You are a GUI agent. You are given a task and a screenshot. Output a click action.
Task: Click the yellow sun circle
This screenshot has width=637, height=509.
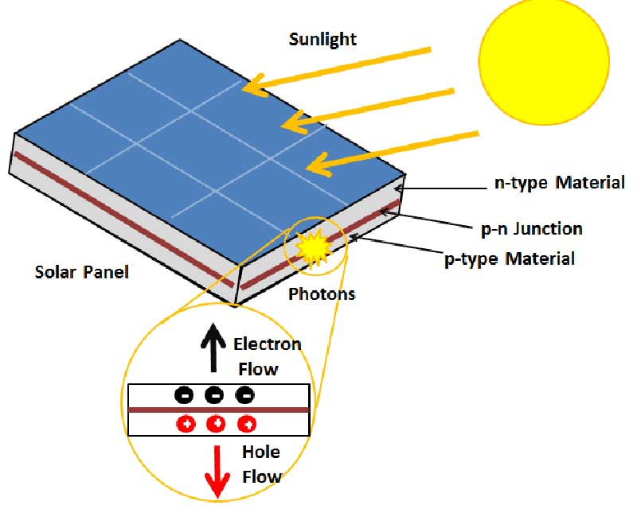tap(544, 61)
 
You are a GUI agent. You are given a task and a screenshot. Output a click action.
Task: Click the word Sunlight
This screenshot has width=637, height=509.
tap(322, 40)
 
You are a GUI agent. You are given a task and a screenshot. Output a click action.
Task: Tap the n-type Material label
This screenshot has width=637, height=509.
tap(560, 183)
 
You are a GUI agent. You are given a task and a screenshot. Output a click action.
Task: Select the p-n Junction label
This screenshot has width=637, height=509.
tap(531, 229)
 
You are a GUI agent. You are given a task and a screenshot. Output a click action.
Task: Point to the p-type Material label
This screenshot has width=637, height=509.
tap(510, 259)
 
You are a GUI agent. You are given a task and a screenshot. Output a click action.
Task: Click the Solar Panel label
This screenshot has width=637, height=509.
tap(82, 272)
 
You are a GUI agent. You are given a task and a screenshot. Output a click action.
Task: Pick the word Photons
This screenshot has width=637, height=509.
tap(322, 294)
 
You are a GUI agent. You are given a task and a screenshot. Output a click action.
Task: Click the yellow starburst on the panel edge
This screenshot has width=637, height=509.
tap(312, 248)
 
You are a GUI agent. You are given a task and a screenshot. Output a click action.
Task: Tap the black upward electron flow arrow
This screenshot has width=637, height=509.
tap(213, 347)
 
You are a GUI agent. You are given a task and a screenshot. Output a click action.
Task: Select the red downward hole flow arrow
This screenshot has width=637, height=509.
tap(217, 472)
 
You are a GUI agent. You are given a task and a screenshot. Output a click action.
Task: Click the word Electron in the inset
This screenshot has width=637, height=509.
tap(268, 344)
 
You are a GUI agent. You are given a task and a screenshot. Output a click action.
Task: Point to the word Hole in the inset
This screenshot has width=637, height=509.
tap(261, 452)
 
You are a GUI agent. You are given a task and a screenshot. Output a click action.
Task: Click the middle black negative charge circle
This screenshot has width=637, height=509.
tap(214, 395)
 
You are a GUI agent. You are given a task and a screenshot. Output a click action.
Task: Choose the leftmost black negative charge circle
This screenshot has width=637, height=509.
tap(184, 395)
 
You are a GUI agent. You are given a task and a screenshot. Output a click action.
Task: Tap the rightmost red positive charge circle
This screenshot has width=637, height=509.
tap(246, 425)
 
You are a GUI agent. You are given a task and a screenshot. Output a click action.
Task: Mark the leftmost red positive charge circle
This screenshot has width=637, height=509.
tap(186, 425)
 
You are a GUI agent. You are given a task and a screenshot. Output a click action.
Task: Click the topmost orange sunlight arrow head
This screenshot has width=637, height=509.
tap(255, 86)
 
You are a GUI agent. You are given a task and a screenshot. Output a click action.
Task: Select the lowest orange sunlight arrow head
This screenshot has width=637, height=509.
tap(320, 165)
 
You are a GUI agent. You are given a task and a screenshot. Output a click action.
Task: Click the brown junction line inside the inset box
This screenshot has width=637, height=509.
tap(219, 410)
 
